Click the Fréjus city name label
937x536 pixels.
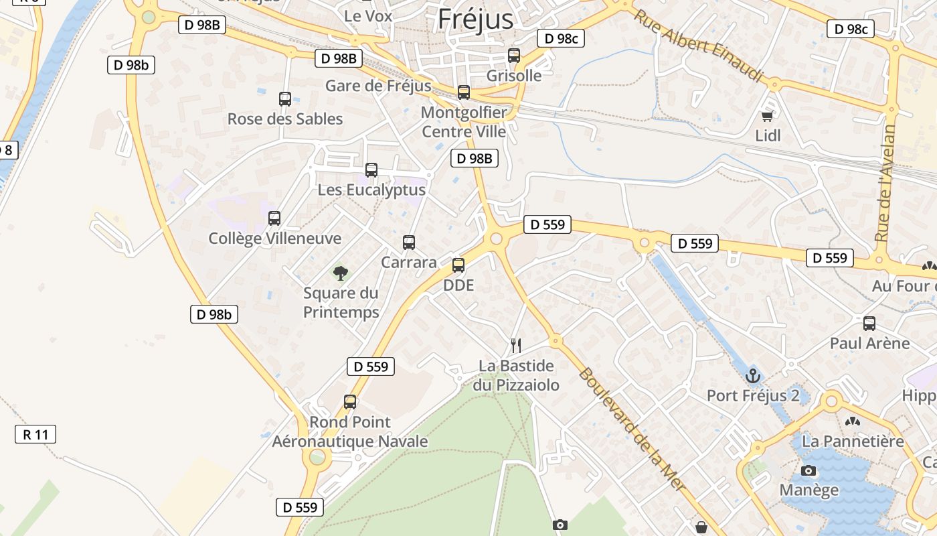click(475, 19)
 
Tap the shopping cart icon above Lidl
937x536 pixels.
click(768, 116)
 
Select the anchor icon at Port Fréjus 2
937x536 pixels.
click(754, 376)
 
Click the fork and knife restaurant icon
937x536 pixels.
click(516, 346)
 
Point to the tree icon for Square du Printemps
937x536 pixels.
click(341, 273)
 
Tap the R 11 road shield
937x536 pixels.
click(35, 434)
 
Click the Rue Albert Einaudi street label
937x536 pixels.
click(699, 46)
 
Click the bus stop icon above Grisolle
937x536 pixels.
click(514, 56)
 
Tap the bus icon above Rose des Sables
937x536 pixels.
click(285, 99)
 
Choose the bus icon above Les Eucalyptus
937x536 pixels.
click(371, 170)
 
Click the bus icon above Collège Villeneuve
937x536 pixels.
click(274, 218)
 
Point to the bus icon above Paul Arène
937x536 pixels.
click(869, 324)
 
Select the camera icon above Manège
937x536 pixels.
click(808, 470)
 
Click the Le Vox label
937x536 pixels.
click(368, 15)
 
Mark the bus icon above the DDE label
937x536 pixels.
click(458, 265)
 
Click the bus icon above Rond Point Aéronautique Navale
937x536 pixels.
click(350, 402)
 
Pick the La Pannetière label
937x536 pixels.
click(853, 442)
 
